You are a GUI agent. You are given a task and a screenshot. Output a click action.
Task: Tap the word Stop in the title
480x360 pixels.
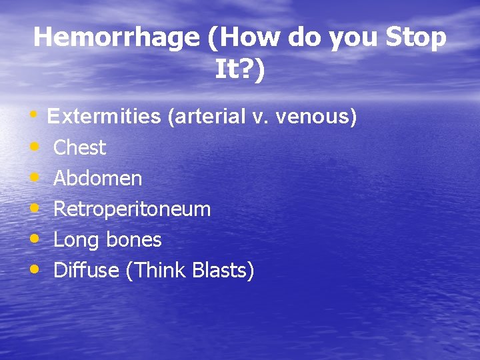[415, 37]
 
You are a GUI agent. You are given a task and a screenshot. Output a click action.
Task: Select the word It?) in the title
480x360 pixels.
[240, 69]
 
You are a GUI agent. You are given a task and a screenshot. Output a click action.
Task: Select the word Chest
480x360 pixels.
[79, 147]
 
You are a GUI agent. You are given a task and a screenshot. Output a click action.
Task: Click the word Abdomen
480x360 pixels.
[97, 178]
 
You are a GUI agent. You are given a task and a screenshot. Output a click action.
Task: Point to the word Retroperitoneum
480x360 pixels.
[132, 209]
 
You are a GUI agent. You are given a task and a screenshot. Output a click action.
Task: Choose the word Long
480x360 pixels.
[75, 239]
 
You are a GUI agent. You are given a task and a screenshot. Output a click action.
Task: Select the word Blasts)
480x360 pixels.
[223, 270]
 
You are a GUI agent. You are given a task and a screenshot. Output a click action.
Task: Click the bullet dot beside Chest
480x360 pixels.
[34, 147]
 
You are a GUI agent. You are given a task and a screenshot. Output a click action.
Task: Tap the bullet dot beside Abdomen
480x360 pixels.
[34, 177]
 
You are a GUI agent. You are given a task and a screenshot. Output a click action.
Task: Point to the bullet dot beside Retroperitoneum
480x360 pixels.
[34, 208]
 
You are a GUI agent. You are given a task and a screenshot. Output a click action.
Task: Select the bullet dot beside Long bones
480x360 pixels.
[34, 239]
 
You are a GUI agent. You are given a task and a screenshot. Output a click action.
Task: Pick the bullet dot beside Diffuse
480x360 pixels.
[34, 269]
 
